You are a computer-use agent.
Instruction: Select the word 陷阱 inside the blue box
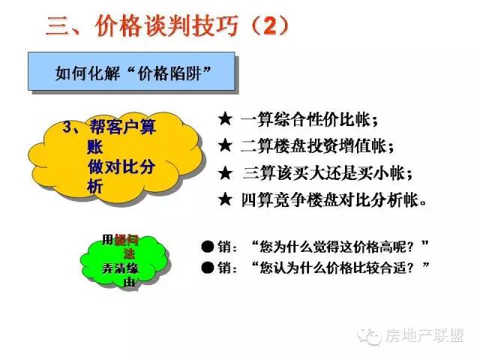pos(185,73)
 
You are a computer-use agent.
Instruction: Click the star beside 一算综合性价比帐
pos(225,119)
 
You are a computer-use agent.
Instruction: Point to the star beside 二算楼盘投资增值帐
pos(225,145)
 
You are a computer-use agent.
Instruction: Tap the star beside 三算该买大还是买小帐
pos(226,173)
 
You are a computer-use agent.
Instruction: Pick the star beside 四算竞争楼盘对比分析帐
pos(225,199)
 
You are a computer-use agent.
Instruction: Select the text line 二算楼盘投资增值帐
pos(317,146)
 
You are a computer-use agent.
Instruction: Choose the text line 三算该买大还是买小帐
pos(328,173)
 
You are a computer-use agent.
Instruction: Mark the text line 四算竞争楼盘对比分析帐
pos(334,200)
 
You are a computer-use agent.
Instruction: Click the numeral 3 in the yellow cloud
pos(67,127)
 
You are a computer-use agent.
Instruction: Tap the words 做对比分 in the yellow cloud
pos(121,167)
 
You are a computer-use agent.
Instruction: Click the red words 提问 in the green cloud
pos(126,240)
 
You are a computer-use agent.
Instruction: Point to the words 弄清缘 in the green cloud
pos(120,268)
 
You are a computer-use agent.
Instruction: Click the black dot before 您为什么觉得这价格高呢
pos(208,247)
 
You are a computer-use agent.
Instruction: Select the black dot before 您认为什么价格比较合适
pos(208,268)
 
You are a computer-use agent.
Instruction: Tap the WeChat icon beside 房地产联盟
pos(370,337)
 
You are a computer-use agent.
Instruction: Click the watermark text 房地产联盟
pos(425,336)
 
